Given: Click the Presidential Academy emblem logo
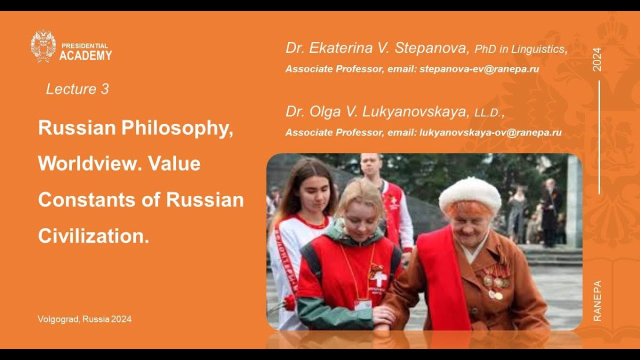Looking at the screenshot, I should click(43, 46).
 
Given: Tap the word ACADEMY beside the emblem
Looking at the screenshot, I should click(85, 55).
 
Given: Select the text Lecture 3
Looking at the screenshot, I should click(77, 89).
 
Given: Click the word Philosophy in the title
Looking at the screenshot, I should click(177, 128).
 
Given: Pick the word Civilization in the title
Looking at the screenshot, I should click(93, 235).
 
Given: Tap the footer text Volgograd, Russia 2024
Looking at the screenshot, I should click(84, 319).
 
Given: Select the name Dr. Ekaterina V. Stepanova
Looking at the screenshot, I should click(377, 48).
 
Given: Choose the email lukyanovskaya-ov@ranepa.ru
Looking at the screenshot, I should click(490, 132).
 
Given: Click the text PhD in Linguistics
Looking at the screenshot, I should click(520, 49).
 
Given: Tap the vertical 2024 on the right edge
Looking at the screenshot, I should click(597, 59).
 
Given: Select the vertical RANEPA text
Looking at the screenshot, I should click(597, 300).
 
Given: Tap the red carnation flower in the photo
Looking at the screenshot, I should click(289, 302).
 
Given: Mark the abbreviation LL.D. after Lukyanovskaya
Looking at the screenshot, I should click(488, 113).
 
